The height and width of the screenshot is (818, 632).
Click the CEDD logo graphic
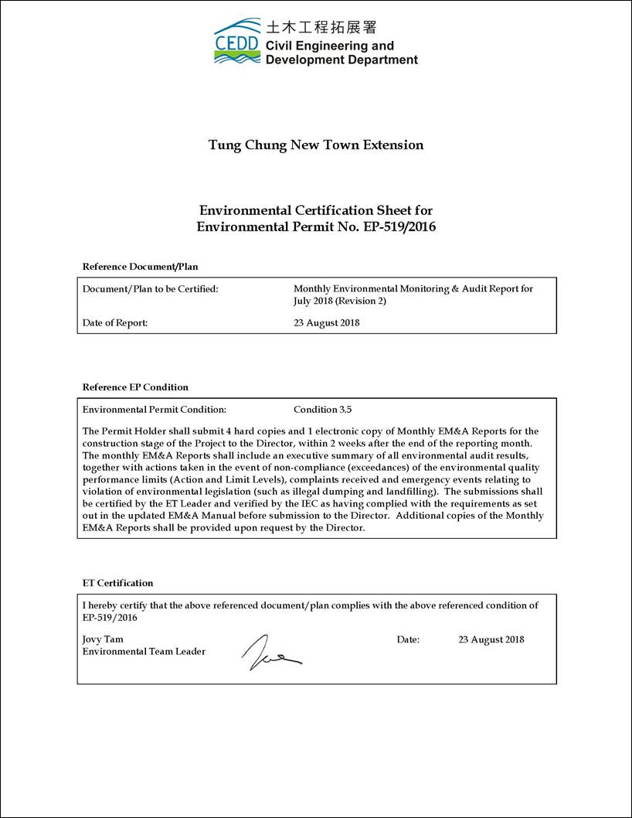point(236,41)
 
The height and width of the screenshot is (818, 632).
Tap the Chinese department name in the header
point(321,27)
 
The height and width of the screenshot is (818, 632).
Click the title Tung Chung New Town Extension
point(316,145)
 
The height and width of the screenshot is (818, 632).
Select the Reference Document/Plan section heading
point(140,267)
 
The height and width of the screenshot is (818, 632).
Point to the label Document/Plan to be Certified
point(150,289)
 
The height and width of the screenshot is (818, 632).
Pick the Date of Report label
point(114,323)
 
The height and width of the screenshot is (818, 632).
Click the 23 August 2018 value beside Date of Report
point(326,323)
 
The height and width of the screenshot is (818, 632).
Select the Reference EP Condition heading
point(135,387)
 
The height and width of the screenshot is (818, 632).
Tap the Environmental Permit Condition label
point(154,410)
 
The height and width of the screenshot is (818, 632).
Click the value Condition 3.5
point(322,410)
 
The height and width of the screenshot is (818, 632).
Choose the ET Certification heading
point(117,583)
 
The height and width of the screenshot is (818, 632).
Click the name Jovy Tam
point(103,639)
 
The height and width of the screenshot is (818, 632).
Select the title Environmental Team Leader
point(144,652)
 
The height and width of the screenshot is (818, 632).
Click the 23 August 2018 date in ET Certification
point(491,639)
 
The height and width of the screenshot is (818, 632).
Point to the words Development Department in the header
point(341,60)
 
